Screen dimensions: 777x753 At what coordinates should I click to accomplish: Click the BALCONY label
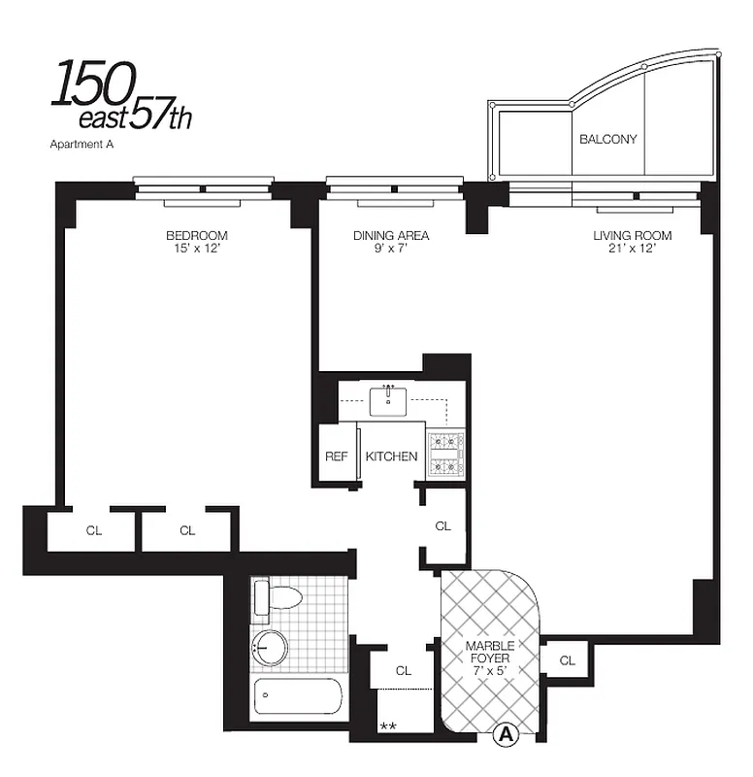point(608,139)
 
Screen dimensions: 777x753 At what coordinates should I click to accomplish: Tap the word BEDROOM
point(196,236)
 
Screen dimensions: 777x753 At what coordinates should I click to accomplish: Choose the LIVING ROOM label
point(633,236)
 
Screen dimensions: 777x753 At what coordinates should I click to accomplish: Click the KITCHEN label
point(391,456)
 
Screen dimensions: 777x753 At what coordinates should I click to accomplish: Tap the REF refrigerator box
point(336,456)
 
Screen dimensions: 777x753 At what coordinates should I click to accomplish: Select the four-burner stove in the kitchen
point(446,455)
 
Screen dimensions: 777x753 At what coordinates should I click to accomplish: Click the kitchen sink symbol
point(390,398)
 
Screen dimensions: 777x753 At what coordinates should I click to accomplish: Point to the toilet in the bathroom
point(278,597)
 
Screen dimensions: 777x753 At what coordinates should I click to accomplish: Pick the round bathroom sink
point(269,648)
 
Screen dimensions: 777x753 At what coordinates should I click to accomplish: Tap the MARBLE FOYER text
point(489,652)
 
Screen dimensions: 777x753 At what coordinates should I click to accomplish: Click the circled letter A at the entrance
point(504,735)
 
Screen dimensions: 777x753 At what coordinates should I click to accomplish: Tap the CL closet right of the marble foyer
point(567,661)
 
